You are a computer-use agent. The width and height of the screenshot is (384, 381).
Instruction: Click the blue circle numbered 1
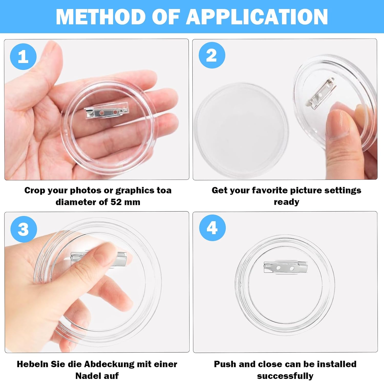[23, 56]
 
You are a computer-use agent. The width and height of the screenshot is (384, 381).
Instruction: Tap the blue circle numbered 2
[212, 55]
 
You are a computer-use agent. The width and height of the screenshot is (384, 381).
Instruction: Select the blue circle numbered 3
[24, 229]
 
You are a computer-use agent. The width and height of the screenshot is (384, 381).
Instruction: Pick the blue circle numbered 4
[212, 228]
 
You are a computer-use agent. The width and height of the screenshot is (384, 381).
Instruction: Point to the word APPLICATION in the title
[257, 17]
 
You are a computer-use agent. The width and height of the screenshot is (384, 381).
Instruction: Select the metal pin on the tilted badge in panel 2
[320, 93]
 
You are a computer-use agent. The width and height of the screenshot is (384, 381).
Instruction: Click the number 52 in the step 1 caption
[116, 202]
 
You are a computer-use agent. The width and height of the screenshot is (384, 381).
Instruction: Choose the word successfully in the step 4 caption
[285, 376]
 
